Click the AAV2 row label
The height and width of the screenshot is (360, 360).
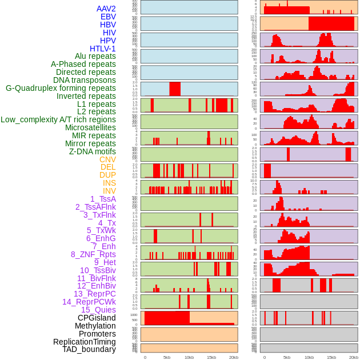tap(106, 9)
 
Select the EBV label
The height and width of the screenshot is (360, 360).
tap(108, 17)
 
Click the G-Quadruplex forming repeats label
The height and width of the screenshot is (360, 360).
tap(61, 88)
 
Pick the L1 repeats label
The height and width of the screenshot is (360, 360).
tap(96, 104)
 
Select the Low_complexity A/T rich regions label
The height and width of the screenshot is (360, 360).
tap(58, 119)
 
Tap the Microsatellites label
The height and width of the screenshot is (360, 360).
tap(90, 127)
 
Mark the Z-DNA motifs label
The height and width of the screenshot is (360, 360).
tap(92, 151)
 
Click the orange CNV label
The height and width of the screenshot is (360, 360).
tap(107, 159)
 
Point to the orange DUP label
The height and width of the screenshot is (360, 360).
tap(107, 175)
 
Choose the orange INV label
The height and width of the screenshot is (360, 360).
tap(109, 191)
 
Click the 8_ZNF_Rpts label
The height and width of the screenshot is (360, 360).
tap(93, 254)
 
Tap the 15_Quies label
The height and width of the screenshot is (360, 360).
tap(98, 310)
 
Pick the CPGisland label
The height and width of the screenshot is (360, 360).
tap(97, 318)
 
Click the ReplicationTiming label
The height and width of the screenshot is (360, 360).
tap(84, 342)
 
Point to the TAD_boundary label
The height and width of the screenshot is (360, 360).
tap(89, 349)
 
